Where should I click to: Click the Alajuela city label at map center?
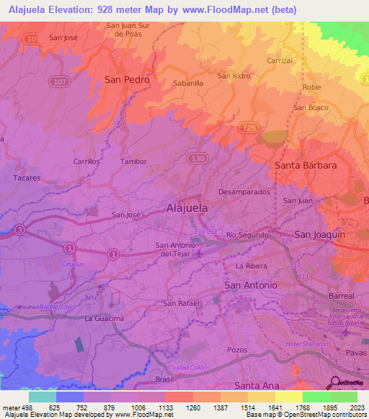(x=187, y=207)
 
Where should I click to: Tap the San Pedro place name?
(x=127, y=80)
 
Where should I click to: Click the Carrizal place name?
(x=279, y=61)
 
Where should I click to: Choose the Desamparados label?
(x=244, y=193)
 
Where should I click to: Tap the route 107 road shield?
(x=60, y=82)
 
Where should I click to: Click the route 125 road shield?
(x=249, y=127)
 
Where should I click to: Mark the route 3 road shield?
(x=19, y=230)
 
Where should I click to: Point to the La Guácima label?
(x=105, y=318)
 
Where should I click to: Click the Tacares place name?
(x=27, y=176)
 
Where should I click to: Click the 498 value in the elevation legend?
(x=21, y=406)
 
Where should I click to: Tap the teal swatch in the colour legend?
(x=42, y=396)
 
